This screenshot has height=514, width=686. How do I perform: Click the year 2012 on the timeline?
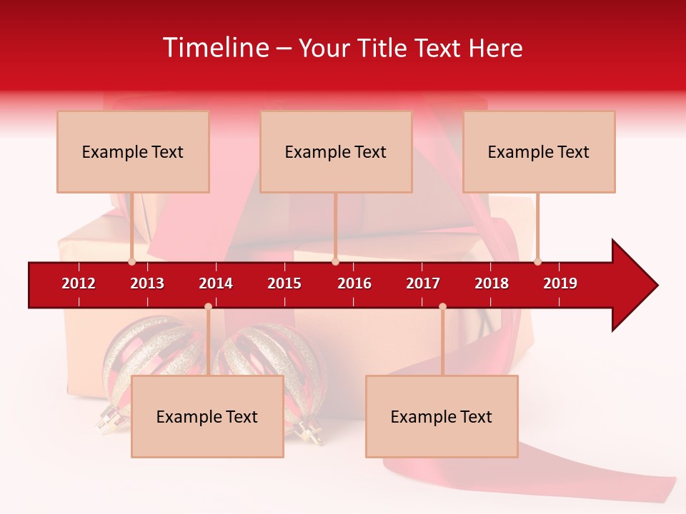coord(79,283)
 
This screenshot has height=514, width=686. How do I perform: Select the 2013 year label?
coord(147,283)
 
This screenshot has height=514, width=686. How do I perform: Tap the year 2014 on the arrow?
coord(216,283)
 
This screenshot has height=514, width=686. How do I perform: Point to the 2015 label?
coord(284,283)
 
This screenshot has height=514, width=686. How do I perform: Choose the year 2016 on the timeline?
coord(354,283)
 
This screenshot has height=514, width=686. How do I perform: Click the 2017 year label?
coord(423,283)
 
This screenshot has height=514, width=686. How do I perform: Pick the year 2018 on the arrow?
coord(492,283)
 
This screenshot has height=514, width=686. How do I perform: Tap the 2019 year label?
coord(560,283)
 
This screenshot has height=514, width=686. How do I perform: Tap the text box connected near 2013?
coord(133,151)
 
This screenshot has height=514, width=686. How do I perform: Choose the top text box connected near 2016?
coord(336,151)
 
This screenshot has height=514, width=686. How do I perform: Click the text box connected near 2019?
coord(539,151)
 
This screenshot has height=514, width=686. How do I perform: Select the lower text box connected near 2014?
coord(207,416)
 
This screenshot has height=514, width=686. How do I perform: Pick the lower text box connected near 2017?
coord(442,416)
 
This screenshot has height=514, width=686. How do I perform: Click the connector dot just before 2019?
coord(537,261)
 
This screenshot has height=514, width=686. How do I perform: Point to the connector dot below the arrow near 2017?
coord(442,306)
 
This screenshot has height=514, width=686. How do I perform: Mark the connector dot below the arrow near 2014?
coord(208,306)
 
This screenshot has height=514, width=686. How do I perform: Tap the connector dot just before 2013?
coord(131,261)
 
